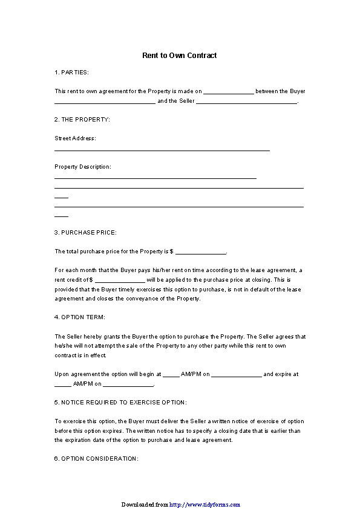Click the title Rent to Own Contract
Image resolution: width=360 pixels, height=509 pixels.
coord(179,56)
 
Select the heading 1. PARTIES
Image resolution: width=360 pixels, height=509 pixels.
coord(71,73)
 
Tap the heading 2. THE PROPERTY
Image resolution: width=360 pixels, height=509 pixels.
coord(82,120)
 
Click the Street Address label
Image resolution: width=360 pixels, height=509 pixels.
coord(75,138)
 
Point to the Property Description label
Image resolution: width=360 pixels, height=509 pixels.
coord(83,167)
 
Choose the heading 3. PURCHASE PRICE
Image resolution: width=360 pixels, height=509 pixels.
coord(85,233)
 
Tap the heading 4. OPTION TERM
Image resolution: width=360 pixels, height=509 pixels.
coord(79,317)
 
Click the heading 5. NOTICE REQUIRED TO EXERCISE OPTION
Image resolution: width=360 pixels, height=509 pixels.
coord(120,403)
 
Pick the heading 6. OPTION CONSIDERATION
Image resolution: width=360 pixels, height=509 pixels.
coord(96,459)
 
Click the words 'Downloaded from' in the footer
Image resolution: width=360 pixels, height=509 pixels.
coord(145,505)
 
